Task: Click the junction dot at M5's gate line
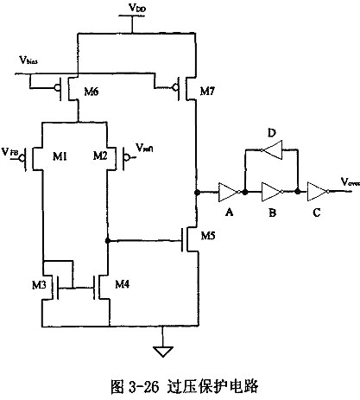(x=106, y=241)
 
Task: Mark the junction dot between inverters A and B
(x=245, y=190)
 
